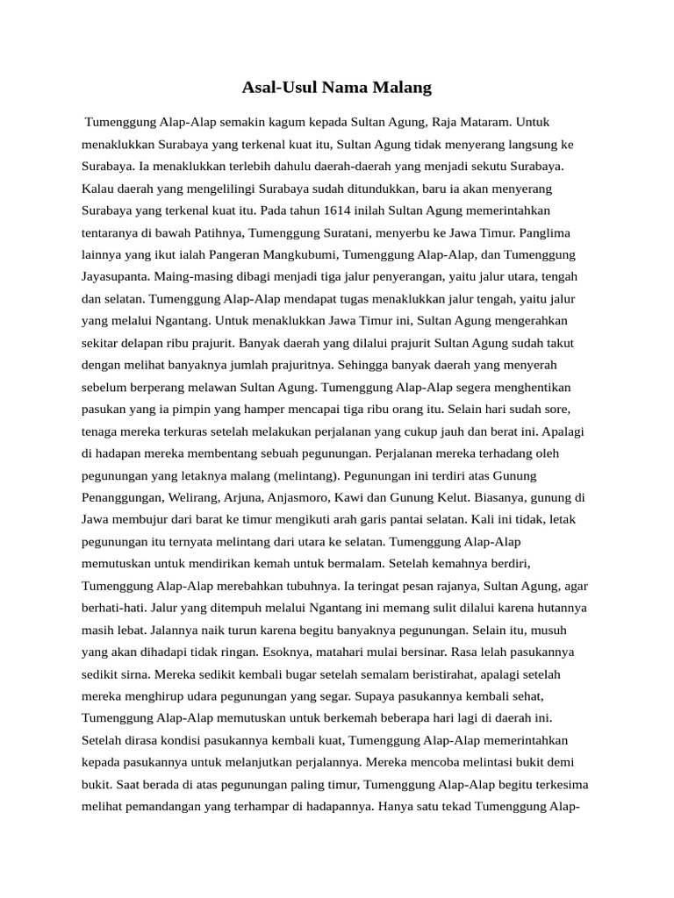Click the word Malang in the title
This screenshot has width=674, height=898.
pos(404,88)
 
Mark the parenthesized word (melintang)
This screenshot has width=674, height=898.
pos(307,475)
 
